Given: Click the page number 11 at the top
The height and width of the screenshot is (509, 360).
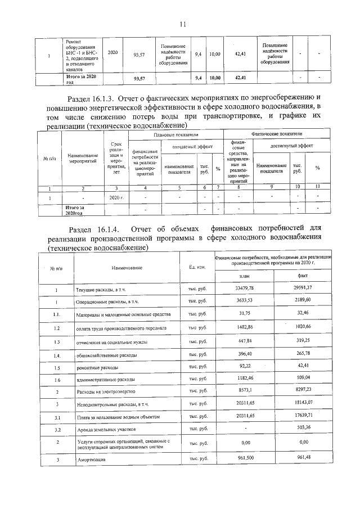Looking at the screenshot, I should pyautogui.click(x=182, y=24).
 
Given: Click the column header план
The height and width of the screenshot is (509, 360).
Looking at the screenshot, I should pyautogui.click(x=245, y=276).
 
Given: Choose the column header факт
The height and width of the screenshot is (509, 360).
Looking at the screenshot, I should pyautogui.click(x=302, y=276).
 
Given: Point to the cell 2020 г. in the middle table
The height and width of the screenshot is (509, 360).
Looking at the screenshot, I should pyautogui.click(x=116, y=197).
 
